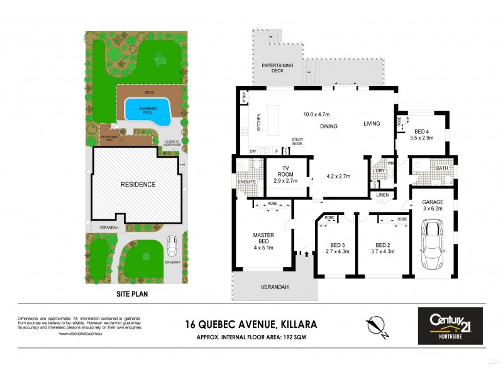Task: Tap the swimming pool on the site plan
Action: coord(148,111)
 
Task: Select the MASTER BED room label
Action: coord(264,239)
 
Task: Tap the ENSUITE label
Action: coord(246,182)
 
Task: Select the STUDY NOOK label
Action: coord(297,142)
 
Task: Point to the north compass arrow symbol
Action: coord(375,325)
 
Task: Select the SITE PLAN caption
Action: coord(131,293)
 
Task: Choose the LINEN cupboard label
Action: coord(383,195)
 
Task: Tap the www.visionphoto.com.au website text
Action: coord(82,334)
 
